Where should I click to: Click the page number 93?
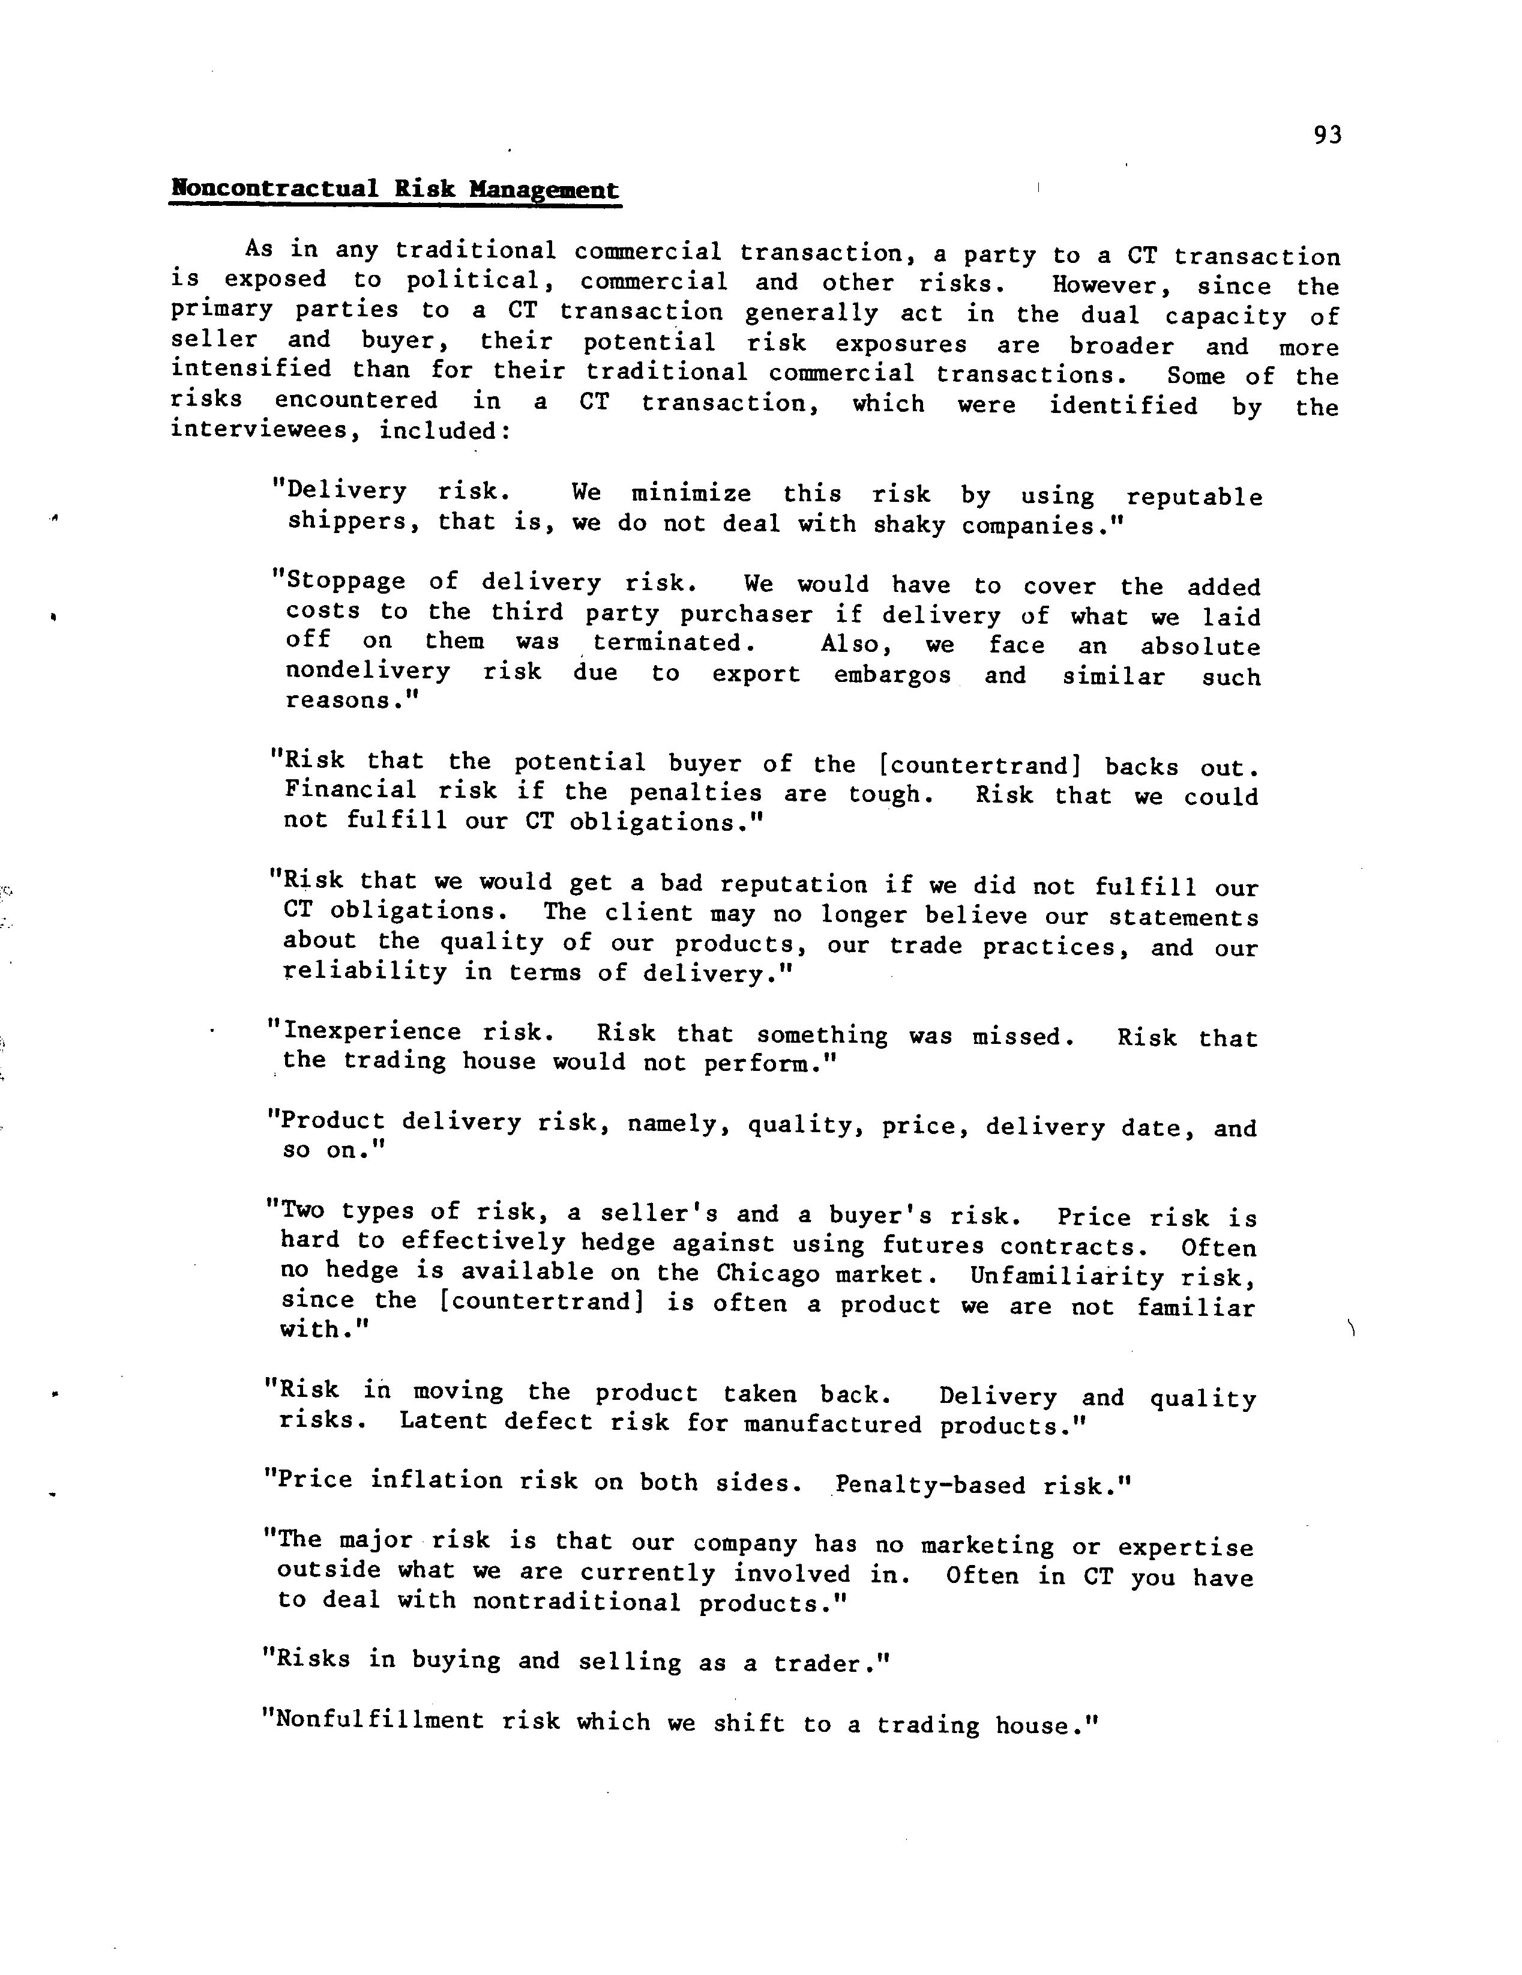coord(1328,136)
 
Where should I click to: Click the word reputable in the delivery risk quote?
coord(1194,498)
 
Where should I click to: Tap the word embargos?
coord(892,675)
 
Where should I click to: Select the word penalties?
coord(696,793)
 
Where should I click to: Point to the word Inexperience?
coord(371,1032)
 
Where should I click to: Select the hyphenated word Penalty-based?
coord(930,1485)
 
